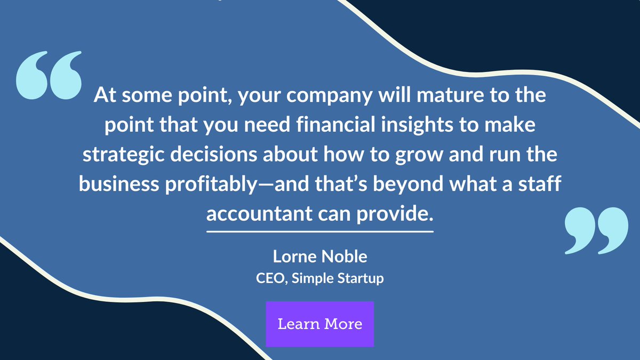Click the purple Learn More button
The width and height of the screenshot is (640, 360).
[319, 324]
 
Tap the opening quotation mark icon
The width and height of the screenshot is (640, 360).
[49, 75]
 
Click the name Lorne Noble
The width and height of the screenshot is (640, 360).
[319, 257]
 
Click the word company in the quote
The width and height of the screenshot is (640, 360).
[346, 97]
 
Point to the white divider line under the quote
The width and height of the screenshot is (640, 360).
[319, 232]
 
